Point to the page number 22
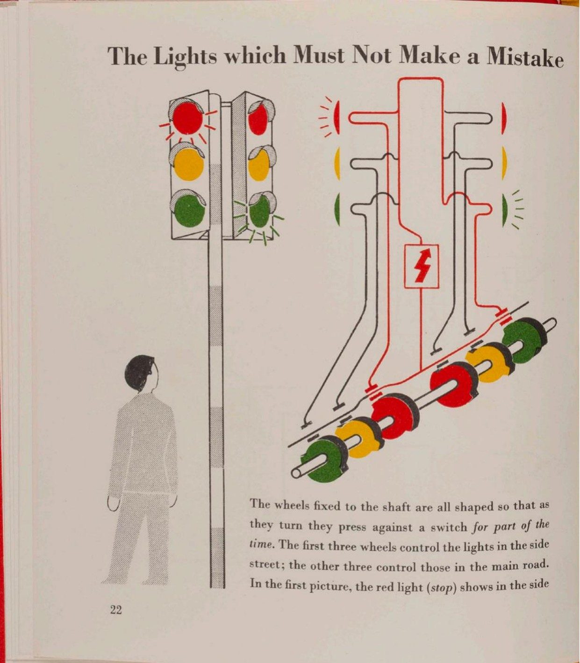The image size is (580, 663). point(115,610)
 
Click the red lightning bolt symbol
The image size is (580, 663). point(421,270)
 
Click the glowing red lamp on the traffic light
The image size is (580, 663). point(187,118)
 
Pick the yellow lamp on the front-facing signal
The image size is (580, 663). point(188,164)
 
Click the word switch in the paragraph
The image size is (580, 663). point(448,527)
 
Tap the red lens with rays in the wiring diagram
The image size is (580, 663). point(337,118)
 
